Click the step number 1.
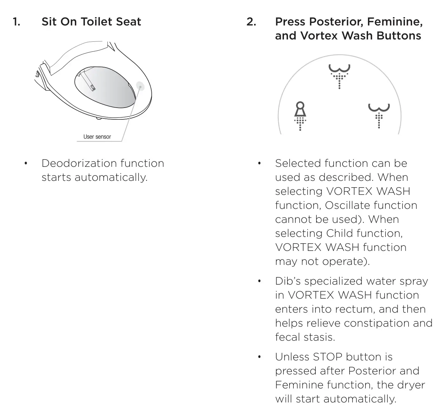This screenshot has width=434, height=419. (16, 22)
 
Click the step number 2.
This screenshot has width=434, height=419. (251, 22)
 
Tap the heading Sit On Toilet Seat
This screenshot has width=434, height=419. (91, 22)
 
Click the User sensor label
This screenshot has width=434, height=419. (97, 137)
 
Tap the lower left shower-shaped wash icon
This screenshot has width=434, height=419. (300, 116)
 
